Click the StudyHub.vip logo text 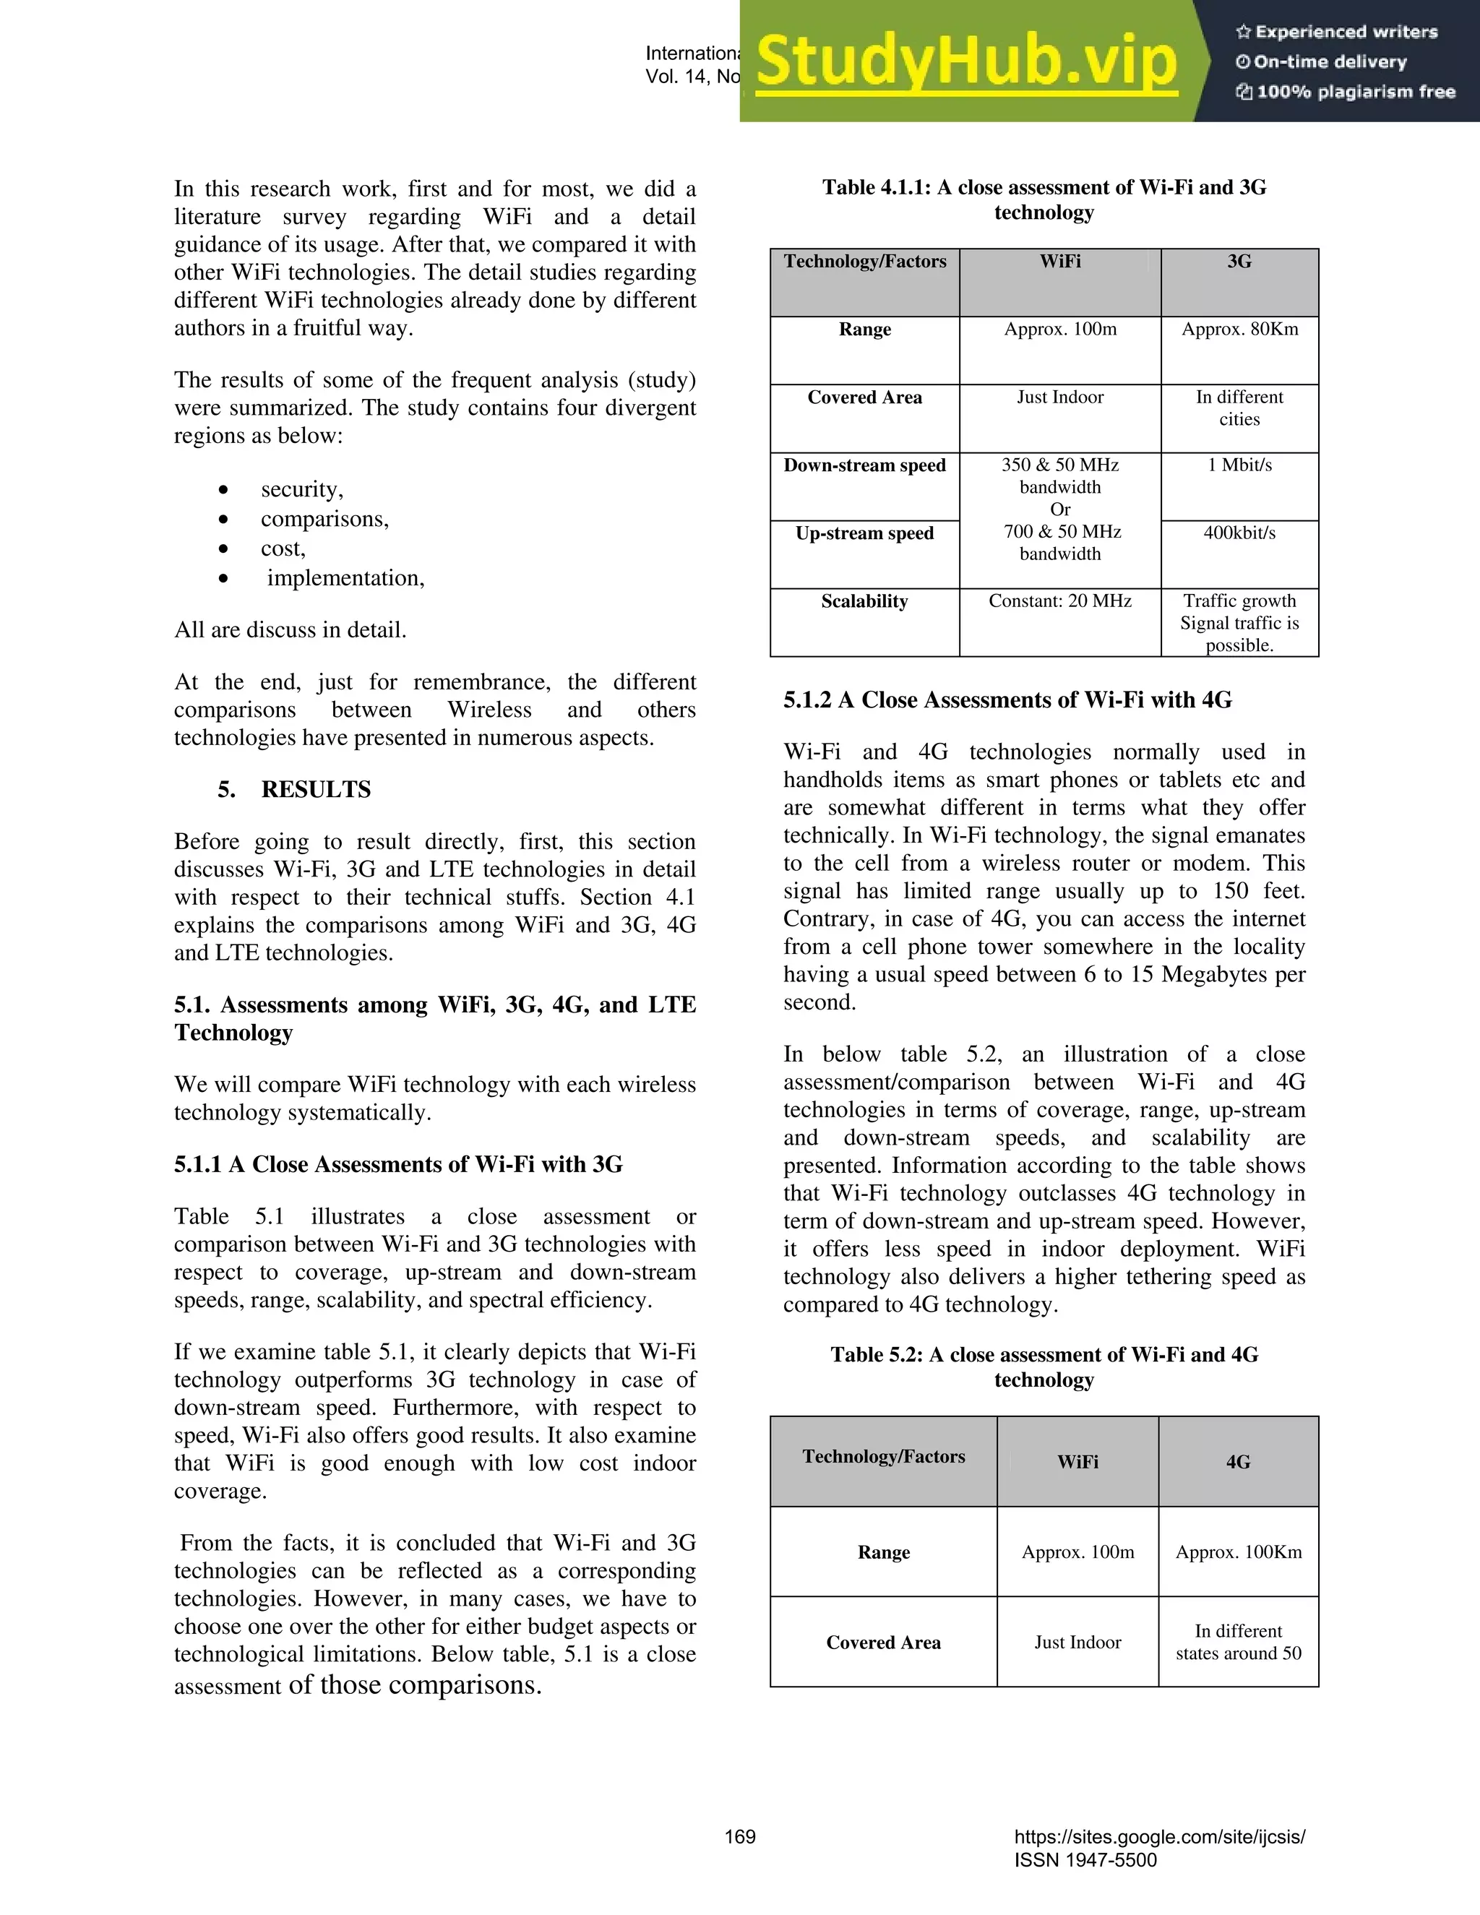pyautogui.click(x=965, y=61)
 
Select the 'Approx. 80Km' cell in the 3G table pyautogui.click(x=1239, y=330)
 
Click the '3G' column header pyautogui.click(x=1239, y=262)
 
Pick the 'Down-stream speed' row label pyautogui.click(x=864, y=465)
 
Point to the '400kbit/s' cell pyautogui.click(x=1239, y=533)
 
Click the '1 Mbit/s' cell pyautogui.click(x=1239, y=465)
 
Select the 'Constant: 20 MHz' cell pyautogui.click(x=1059, y=601)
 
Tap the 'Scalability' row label pyautogui.click(x=864, y=601)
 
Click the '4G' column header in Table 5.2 pyautogui.click(x=1237, y=1462)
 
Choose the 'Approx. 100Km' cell pyautogui.click(x=1238, y=1552)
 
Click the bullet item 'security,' pyautogui.click(x=301, y=489)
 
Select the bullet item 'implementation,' pyautogui.click(x=345, y=579)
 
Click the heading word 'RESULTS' pyautogui.click(x=316, y=790)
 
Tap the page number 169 pyautogui.click(x=739, y=1837)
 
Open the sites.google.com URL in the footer pyautogui.click(x=1159, y=1837)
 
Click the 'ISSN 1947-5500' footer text pyautogui.click(x=1085, y=1861)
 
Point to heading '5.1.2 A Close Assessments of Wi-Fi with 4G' pyautogui.click(x=1007, y=700)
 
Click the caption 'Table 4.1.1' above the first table pyautogui.click(x=1044, y=189)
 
